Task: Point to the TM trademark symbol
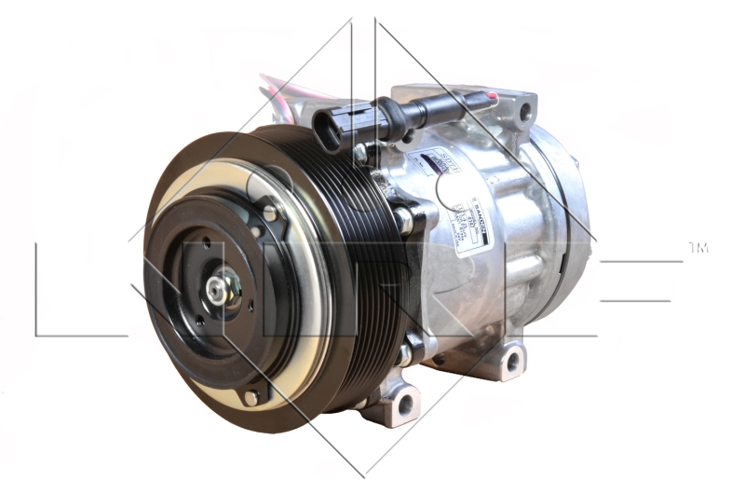[x=698, y=248]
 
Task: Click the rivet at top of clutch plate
[x=269, y=214]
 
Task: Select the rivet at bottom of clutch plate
[x=251, y=398]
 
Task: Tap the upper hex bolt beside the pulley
[x=403, y=220]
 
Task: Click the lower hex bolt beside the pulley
[x=406, y=354]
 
